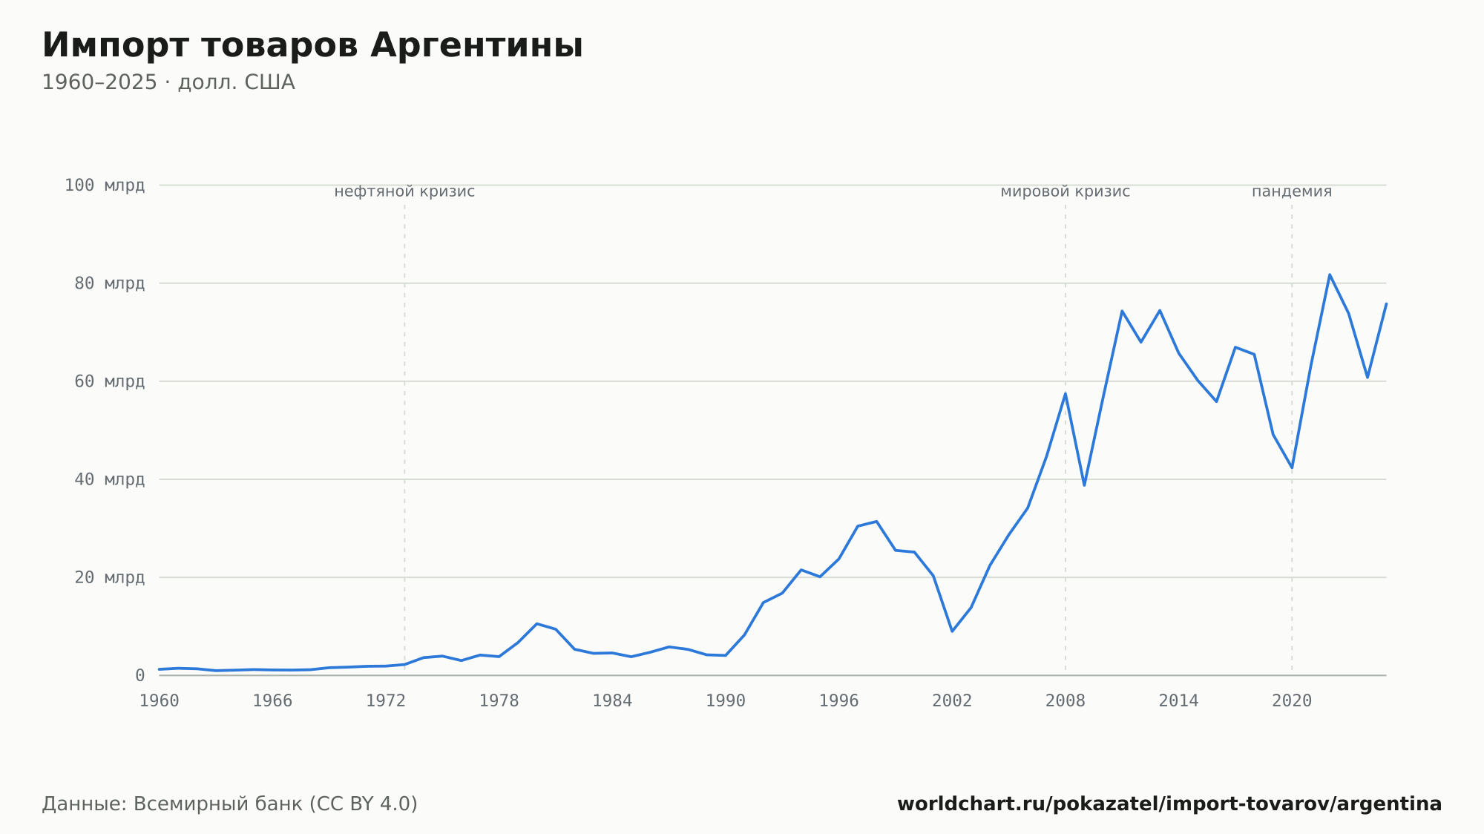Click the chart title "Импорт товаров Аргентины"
click(x=312, y=45)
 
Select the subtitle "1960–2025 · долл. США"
click(x=168, y=82)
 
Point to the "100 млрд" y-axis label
click(x=105, y=185)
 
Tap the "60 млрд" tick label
click(x=109, y=381)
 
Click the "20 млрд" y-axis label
click(x=109, y=577)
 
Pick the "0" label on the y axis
click(x=140, y=676)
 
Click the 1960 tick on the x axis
click(x=160, y=701)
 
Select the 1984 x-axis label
click(x=612, y=701)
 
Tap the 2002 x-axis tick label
click(x=952, y=701)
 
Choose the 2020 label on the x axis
click(x=1292, y=701)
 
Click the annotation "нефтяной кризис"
click(x=404, y=191)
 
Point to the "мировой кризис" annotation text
click(x=1066, y=191)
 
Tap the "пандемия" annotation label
click(x=1292, y=191)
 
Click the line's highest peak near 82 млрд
click(x=1330, y=275)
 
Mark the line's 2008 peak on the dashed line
click(x=1066, y=393)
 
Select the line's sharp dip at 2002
click(x=952, y=631)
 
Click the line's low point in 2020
click(x=1292, y=467)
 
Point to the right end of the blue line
click(x=1386, y=303)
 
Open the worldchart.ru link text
click(x=1169, y=804)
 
